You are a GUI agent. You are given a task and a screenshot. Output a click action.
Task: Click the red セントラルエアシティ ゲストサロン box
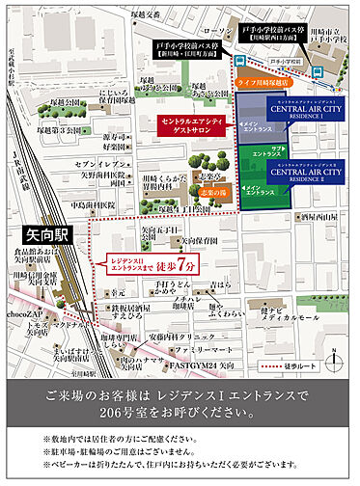191,126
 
